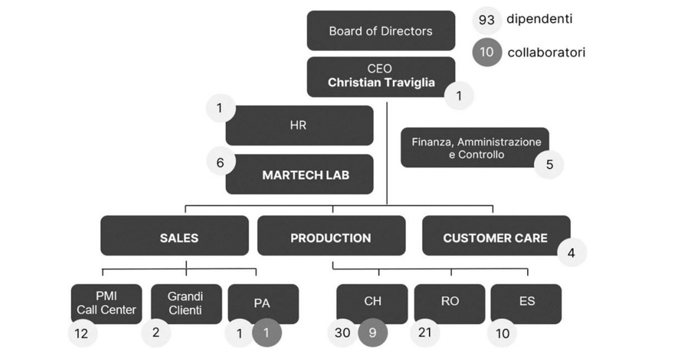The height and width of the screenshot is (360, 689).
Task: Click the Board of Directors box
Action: pyautogui.click(x=381, y=31)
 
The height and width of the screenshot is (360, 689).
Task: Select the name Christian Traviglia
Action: pyautogui.click(x=381, y=83)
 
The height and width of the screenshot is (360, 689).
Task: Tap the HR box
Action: pyautogui.click(x=299, y=125)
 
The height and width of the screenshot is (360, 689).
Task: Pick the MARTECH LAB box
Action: pyautogui.click(x=305, y=175)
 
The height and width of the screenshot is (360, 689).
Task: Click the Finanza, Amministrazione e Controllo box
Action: pyautogui.click(x=475, y=147)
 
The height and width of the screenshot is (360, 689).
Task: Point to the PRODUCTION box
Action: pyautogui.click(x=331, y=237)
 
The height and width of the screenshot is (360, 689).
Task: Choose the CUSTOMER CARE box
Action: pyautogui.click(x=495, y=237)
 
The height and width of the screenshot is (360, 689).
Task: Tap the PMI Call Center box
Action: pyautogui.click(x=106, y=303)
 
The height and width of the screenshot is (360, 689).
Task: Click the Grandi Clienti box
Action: pyautogui.click(x=186, y=303)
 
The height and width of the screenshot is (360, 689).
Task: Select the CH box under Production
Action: pyautogui.click(x=372, y=301)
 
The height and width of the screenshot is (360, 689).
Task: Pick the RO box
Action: pyautogui.click(x=449, y=301)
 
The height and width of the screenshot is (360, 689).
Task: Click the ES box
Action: pyautogui.click(x=527, y=301)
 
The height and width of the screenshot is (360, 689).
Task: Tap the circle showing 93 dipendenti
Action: pyautogui.click(x=487, y=21)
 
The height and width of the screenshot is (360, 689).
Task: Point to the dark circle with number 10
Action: pyautogui.click(x=487, y=52)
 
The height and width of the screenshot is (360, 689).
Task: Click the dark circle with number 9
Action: pyautogui.click(x=372, y=332)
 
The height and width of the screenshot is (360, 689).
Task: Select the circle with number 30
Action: pyautogui.click(x=343, y=332)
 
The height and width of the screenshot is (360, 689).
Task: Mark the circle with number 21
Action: pyautogui.click(x=424, y=332)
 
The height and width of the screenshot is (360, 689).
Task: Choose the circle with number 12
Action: pyautogui.click(x=82, y=333)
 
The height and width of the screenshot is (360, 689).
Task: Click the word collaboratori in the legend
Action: pyautogui.click(x=546, y=52)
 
